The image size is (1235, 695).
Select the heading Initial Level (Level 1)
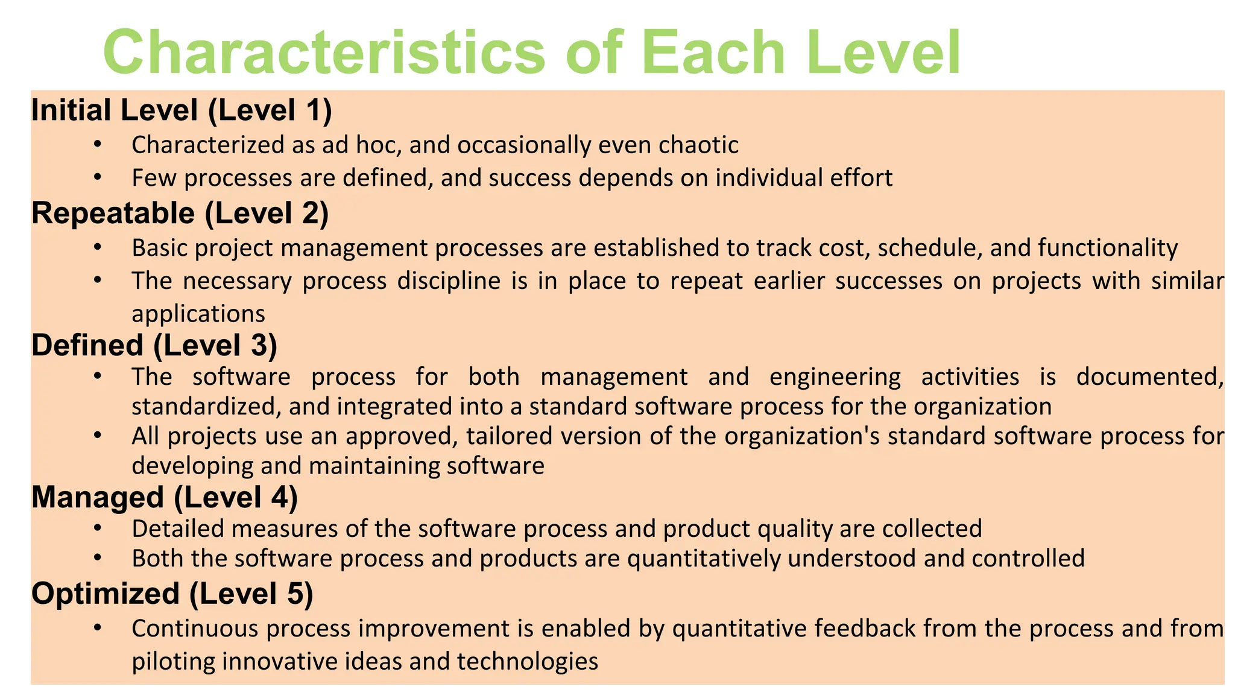tap(182, 110)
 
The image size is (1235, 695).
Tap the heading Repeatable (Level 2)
tap(180, 214)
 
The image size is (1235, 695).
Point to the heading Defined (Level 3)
tap(154, 345)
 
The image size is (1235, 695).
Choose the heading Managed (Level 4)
tap(165, 497)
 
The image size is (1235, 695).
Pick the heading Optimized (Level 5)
tap(172, 594)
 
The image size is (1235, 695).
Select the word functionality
tap(1108, 248)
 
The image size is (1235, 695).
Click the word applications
tap(198, 314)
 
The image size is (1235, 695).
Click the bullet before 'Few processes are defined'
tap(98, 177)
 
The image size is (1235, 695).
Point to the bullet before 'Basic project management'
tap(98, 247)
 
